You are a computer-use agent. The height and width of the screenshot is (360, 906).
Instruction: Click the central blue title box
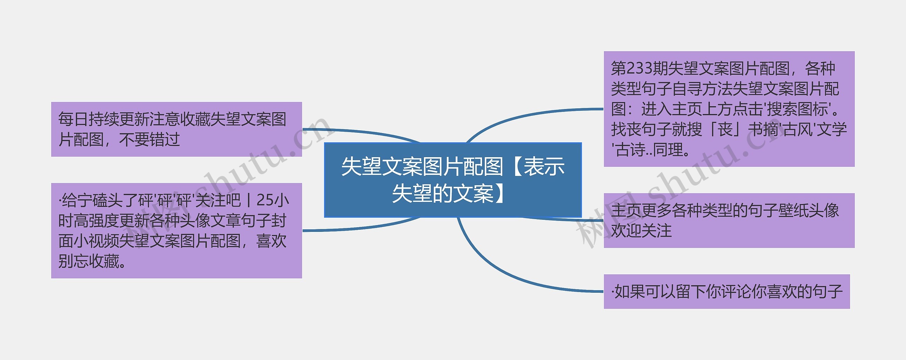(x=453, y=180)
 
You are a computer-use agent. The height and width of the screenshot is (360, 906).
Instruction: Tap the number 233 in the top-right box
(x=639, y=68)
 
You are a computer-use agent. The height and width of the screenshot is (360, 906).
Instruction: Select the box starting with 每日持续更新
(x=177, y=129)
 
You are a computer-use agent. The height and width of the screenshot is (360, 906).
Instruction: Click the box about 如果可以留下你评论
(x=727, y=291)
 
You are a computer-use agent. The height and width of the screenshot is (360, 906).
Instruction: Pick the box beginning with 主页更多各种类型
(x=729, y=221)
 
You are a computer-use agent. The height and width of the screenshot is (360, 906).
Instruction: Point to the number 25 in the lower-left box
(x=265, y=200)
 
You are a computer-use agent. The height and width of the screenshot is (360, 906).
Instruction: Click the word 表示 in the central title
(x=544, y=167)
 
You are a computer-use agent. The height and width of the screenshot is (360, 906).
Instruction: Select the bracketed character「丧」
(x=725, y=129)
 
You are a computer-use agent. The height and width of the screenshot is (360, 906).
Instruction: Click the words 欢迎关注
(x=641, y=231)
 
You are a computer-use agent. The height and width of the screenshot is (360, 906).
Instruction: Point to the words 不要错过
(x=149, y=139)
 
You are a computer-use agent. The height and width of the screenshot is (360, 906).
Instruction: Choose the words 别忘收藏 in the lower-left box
(x=89, y=262)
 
